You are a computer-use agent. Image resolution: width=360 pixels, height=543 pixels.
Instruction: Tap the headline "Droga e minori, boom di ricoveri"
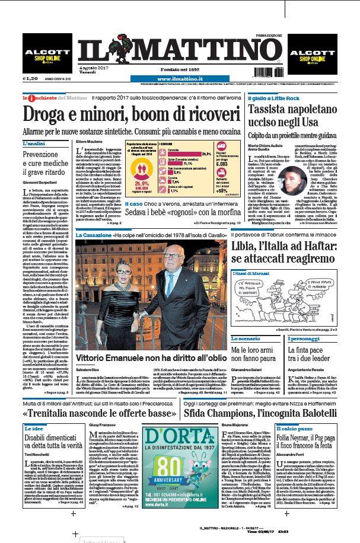pyautogui.click(x=122, y=112)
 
